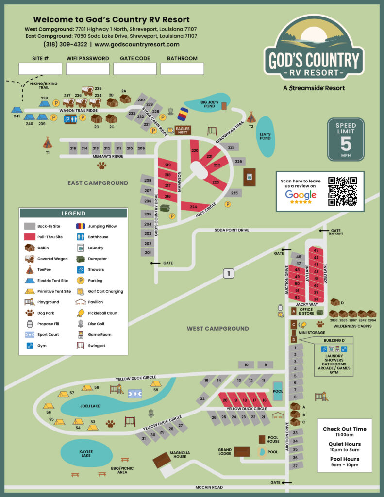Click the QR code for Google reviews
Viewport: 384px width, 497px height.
tap(342, 192)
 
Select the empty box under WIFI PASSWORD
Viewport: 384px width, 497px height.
tap(87, 68)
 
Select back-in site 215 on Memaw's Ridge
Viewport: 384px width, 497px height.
tap(73, 149)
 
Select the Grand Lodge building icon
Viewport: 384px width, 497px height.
tap(241, 451)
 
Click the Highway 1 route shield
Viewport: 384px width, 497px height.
tap(228, 273)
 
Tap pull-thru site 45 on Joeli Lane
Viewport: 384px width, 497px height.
tap(316, 250)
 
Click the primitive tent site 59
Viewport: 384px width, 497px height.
tap(155, 383)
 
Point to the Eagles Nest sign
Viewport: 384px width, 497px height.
tap(183, 130)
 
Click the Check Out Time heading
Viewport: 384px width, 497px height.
tap(345, 429)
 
